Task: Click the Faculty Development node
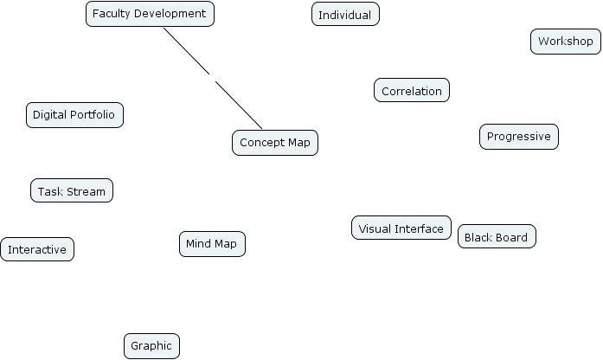pyautogui.click(x=150, y=14)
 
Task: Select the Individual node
pyautogui.click(x=345, y=15)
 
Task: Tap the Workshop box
pyautogui.click(x=565, y=42)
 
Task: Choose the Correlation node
pyautogui.click(x=412, y=91)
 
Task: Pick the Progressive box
pyautogui.click(x=519, y=137)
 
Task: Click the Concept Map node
pyautogui.click(x=275, y=143)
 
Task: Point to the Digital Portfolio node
pyautogui.click(x=74, y=115)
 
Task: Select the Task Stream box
pyautogui.click(x=72, y=191)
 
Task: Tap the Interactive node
pyautogui.click(x=37, y=250)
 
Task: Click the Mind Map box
pyautogui.click(x=212, y=244)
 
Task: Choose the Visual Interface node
pyautogui.click(x=401, y=228)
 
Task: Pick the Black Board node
pyautogui.click(x=497, y=237)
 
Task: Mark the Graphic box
pyautogui.click(x=151, y=346)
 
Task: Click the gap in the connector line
pyautogui.click(x=212, y=77)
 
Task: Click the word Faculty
pyautogui.click(x=112, y=14)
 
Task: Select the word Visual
pyautogui.click(x=375, y=228)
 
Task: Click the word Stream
pyautogui.click(x=86, y=191)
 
